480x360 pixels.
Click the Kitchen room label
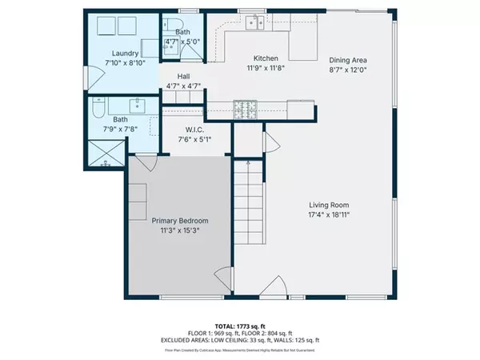click(x=265, y=58)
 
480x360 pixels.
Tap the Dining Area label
click(x=349, y=58)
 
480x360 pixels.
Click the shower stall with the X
click(x=106, y=153)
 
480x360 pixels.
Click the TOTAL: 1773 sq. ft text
click(x=240, y=325)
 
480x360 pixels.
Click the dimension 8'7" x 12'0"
click(x=349, y=69)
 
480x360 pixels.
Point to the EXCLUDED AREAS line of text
click(x=240, y=339)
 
